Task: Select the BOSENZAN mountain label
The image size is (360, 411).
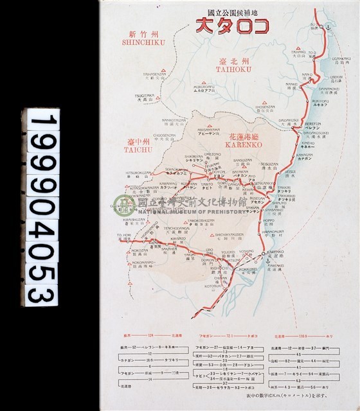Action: point(256,107)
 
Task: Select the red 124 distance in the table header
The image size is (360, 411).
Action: point(152,336)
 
